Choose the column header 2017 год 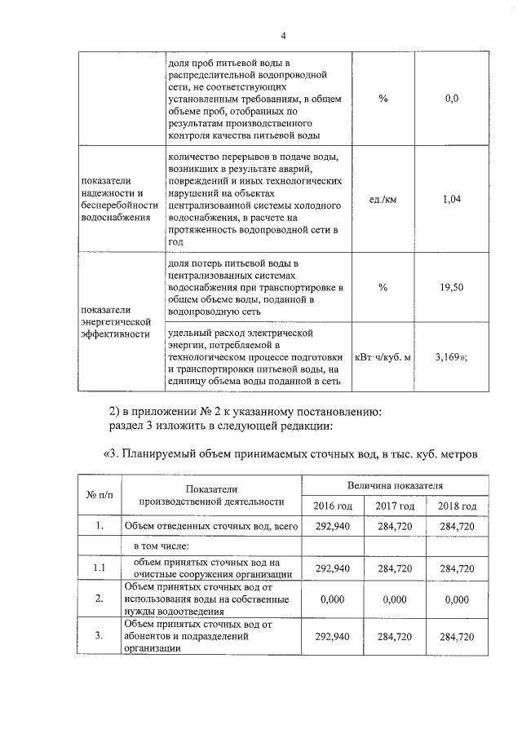(x=395, y=506)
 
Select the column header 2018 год (x=457, y=506)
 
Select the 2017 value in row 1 (x=395, y=526)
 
